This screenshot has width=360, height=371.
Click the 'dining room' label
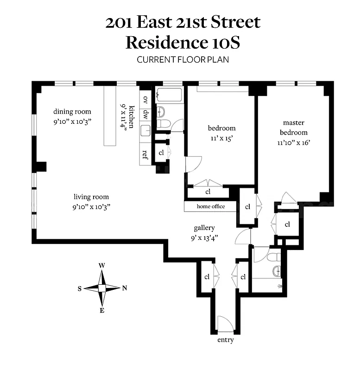coord(72,111)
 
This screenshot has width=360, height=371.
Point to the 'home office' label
coord(211,206)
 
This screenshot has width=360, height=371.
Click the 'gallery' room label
coord(204,228)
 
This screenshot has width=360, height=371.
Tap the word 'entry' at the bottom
coord(225,340)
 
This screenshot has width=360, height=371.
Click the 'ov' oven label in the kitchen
coord(145,99)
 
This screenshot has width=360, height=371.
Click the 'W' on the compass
coord(102,265)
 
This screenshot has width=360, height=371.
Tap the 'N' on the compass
coord(124,288)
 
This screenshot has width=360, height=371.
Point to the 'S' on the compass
coord(80,288)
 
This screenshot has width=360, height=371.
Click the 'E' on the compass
coord(102,311)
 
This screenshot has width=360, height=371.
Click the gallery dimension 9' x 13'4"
coord(204,237)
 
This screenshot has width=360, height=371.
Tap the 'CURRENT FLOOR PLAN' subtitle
coord(183,60)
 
